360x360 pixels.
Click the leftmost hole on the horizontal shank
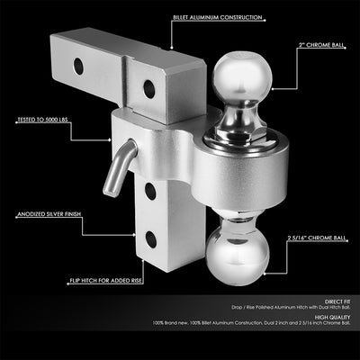point(79,66)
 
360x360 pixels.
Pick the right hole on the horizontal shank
point(148,87)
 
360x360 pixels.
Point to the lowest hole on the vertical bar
point(148,239)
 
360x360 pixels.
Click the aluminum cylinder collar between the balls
point(237,175)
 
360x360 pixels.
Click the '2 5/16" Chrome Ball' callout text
point(315,239)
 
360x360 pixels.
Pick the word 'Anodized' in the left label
point(26,215)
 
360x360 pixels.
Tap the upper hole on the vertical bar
point(148,192)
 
